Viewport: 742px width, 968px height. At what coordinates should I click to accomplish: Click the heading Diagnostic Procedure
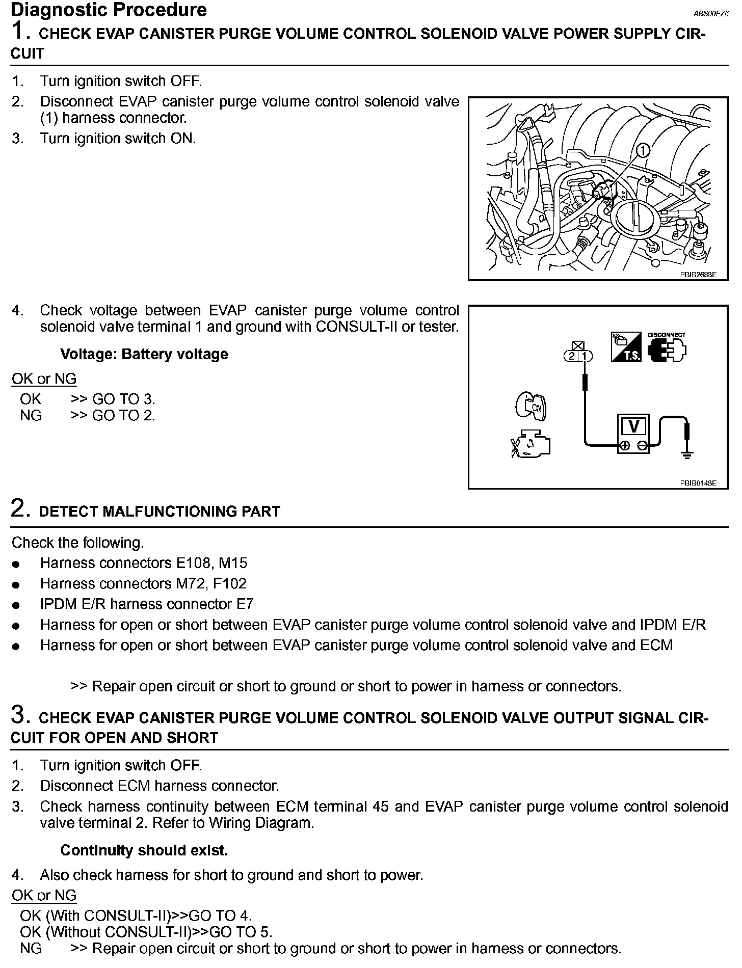pyautogui.click(x=109, y=10)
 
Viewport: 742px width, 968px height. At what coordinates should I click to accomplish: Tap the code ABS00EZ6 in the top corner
pyautogui.click(x=711, y=15)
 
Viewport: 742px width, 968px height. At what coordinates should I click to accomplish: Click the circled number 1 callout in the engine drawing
pyautogui.click(x=643, y=150)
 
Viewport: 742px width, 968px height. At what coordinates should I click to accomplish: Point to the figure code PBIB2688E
pyautogui.click(x=698, y=275)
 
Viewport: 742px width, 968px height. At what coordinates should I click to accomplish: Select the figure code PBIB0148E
pyautogui.click(x=698, y=483)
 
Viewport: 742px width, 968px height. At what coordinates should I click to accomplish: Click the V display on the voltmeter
pyautogui.click(x=634, y=426)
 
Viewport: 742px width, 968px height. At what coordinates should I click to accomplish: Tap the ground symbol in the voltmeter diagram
pyautogui.click(x=687, y=455)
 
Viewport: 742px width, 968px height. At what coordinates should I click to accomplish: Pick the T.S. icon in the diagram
pyautogui.click(x=626, y=347)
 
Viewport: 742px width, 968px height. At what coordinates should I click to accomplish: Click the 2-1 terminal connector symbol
pyautogui.click(x=578, y=356)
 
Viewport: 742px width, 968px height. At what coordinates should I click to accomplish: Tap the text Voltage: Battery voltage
pyautogui.click(x=144, y=355)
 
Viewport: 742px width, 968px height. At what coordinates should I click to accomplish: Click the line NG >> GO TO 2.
pyautogui.click(x=87, y=416)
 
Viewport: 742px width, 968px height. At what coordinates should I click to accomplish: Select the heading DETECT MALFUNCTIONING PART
pyautogui.click(x=160, y=512)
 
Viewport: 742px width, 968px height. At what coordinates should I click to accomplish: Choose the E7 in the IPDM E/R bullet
pyautogui.click(x=245, y=604)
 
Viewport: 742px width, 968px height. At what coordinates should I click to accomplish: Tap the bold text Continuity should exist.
pyautogui.click(x=144, y=850)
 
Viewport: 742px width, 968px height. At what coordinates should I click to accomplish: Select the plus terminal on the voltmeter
pyautogui.click(x=624, y=446)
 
